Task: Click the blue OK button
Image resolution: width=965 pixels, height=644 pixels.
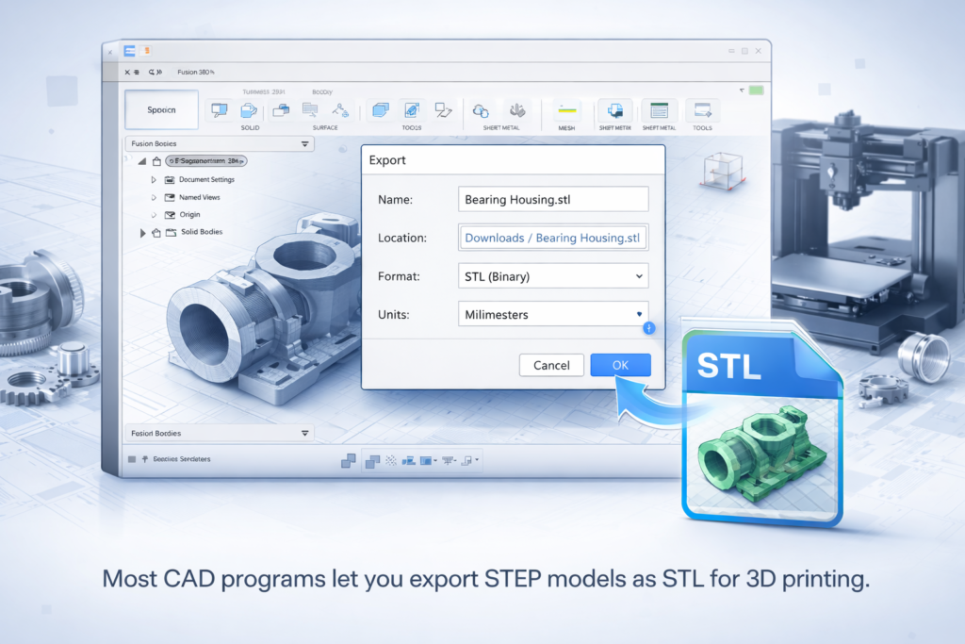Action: click(x=620, y=365)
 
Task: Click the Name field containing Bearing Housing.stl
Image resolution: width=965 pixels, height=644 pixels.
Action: click(x=553, y=199)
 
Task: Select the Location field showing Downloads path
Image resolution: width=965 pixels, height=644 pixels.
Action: click(x=553, y=238)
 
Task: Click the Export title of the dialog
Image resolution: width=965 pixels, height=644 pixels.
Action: click(x=387, y=160)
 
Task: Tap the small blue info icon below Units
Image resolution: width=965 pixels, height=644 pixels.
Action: click(x=648, y=328)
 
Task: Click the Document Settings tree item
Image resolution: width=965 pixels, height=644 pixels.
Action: click(x=206, y=179)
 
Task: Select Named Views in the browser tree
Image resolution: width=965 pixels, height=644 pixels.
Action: click(x=200, y=197)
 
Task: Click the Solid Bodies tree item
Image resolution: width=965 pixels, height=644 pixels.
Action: click(x=201, y=232)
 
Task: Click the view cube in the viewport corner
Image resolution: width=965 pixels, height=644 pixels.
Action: click(x=723, y=171)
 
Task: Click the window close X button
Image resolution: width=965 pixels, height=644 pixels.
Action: click(x=757, y=52)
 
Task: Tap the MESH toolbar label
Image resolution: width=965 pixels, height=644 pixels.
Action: click(x=566, y=127)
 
